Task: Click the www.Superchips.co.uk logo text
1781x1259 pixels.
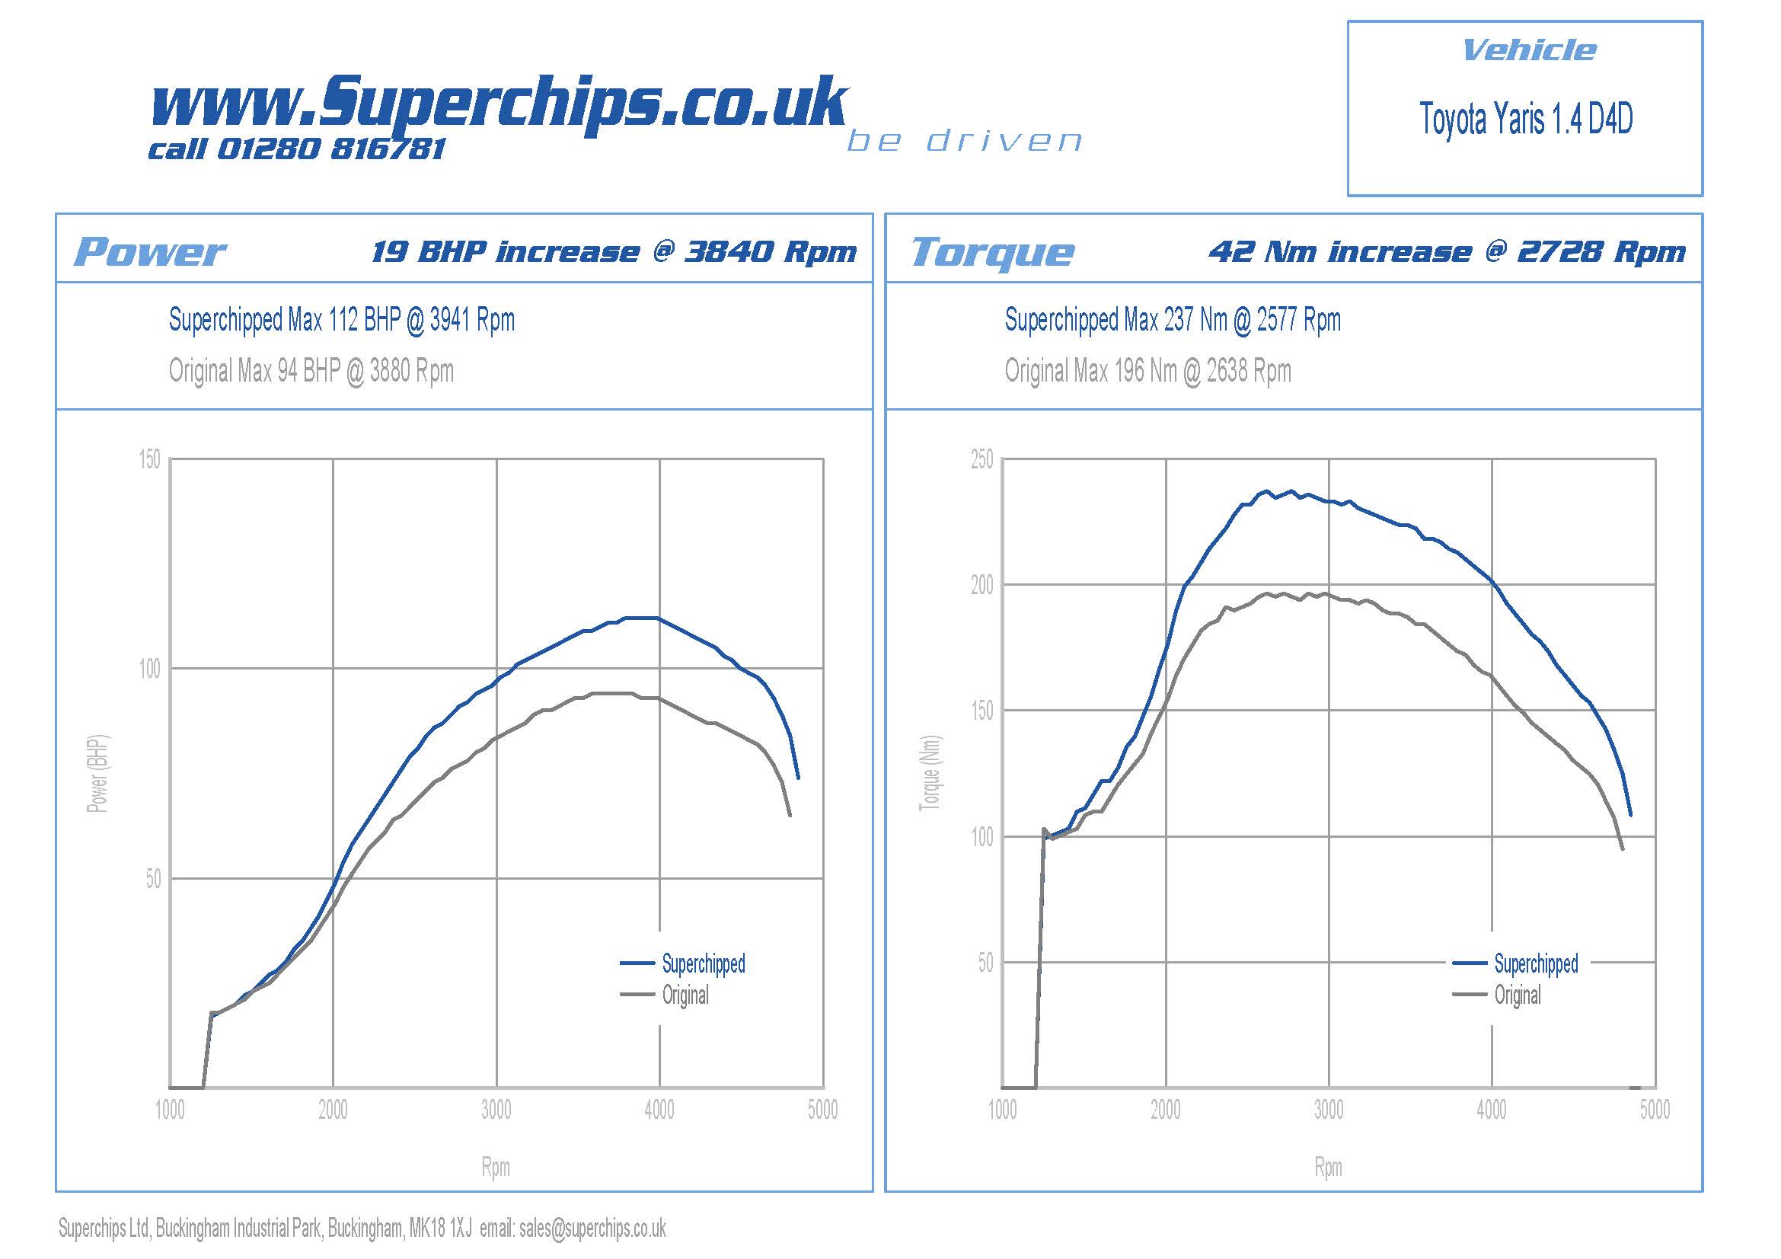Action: click(500, 103)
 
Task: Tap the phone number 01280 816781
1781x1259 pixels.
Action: click(331, 149)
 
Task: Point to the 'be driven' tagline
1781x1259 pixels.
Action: click(964, 141)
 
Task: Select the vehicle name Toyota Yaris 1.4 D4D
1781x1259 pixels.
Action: click(1526, 120)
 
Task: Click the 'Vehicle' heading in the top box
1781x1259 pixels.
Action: click(1529, 50)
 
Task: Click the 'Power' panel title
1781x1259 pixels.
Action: click(150, 252)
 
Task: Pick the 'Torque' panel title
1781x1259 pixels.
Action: click(992, 252)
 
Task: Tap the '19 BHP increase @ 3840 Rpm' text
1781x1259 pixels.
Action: click(614, 252)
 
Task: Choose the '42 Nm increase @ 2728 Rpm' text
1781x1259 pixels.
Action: click(1447, 252)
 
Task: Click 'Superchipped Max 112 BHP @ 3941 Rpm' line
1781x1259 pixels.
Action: click(342, 320)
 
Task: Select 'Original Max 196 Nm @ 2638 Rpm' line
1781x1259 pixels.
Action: click(1148, 371)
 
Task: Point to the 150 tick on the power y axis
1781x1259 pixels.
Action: click(150, 459)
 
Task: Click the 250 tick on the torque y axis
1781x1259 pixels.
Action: click(981, 459)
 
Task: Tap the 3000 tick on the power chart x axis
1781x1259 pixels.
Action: click(496, 1110)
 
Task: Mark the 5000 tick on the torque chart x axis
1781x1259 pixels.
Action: click(1655, 1110)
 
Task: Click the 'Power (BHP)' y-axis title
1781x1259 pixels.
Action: click(97, 773)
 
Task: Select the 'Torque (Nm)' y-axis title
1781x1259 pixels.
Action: click(930, 773)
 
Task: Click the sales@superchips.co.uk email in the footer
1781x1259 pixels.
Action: click(592, 1229)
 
